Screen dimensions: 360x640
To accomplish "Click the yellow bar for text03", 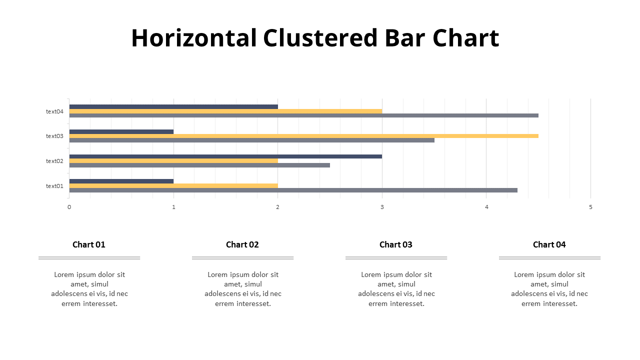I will [x=303, y=136].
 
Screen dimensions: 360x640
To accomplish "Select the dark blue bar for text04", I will [x=173, y=106].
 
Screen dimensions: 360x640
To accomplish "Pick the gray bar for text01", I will [x=293, y=190].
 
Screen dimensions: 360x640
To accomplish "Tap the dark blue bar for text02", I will [x=225, y=156].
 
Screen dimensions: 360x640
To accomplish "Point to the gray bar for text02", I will [x=199, y=165].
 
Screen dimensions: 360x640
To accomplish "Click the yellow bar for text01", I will [x=173, y=185].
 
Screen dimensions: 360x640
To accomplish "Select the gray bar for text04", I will [x=303, y=115].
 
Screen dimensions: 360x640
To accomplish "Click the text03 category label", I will [x=54, y=136].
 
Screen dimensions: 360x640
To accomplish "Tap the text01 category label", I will [x=54, y=186].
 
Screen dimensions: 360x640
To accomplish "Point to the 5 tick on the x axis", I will [x=590, y=207].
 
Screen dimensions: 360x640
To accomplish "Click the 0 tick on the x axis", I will [x=69, y=207].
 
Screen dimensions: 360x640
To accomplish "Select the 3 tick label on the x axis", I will [x=382, y=207].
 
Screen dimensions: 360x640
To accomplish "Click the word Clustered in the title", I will [x=320, y=38].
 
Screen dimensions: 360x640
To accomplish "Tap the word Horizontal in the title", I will [x=194, y=38].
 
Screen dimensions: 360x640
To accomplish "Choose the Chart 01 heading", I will [x=89, y=244].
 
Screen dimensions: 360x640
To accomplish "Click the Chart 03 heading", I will [x=396, y=244].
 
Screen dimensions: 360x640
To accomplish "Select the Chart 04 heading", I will [x=549, y=244].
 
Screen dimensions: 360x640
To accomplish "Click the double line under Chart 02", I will [x=242, y=258].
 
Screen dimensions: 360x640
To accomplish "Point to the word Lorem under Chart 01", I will [x=64, y=274].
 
